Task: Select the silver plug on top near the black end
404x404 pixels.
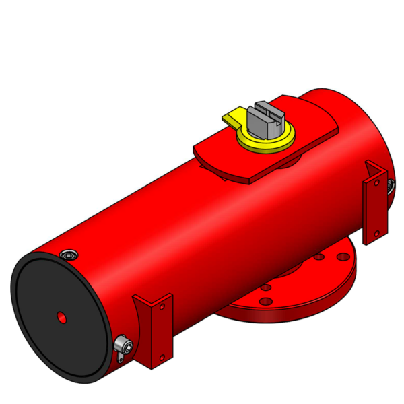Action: pyautogui.click(x=69, y=255)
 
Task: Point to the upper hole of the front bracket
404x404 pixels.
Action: pyautogui.click(x=162, y=307)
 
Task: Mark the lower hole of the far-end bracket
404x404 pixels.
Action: pyautogui.click(x=376, y=233)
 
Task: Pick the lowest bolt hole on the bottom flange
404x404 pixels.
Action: pyautogui.click(x=264, y=300)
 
